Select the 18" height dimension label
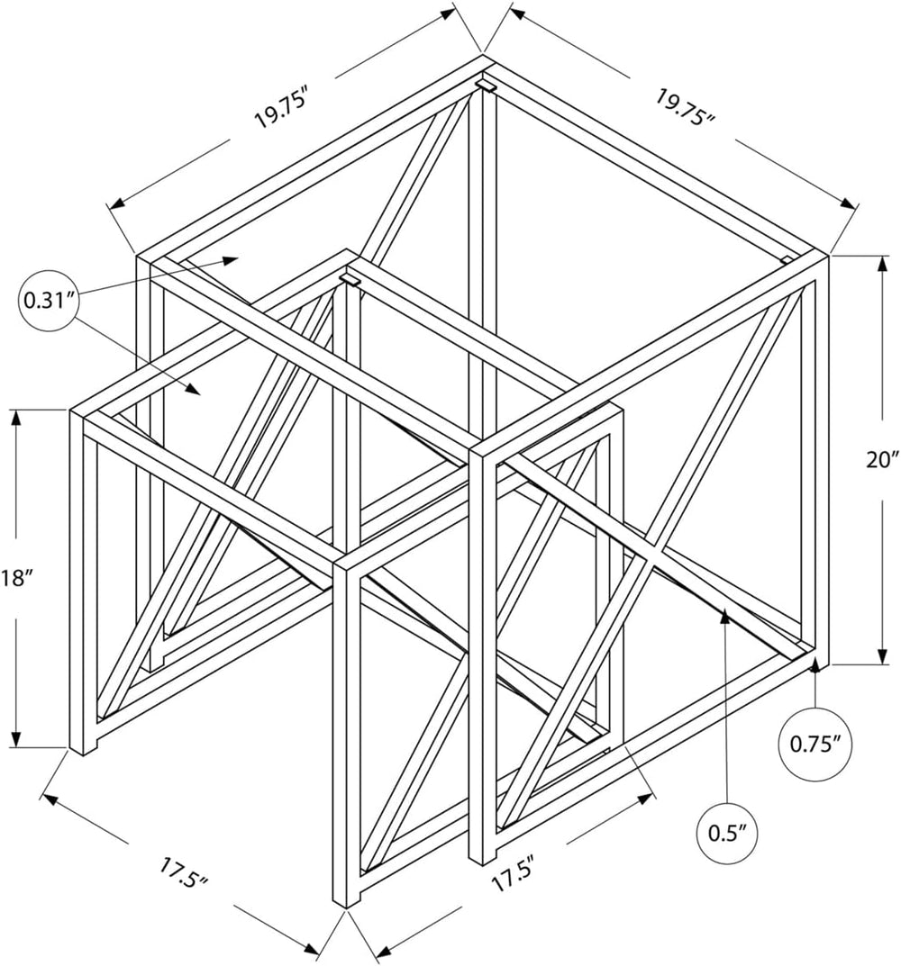point(14,578)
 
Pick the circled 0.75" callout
point(816,745)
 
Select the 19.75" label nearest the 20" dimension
point(684,106)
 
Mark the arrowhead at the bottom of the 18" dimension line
point(16,738)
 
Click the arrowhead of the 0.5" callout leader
point(725,614)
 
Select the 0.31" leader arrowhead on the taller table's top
point(232,260)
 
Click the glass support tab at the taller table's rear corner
point(486,85)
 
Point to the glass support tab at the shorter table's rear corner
point(350,280)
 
